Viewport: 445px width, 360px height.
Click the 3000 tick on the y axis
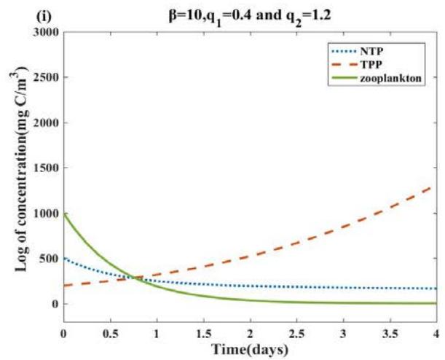click(x=45, y=32)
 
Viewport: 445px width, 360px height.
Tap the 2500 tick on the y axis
click(x=45, y=77)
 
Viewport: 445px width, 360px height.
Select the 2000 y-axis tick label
click(x=45, y=122)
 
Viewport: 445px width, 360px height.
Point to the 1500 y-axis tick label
click(x=45, y=168)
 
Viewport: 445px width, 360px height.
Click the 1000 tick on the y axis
click(x=45, y=213)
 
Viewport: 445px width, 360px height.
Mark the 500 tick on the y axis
click(x=49, y=258)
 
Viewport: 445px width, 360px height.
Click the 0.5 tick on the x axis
click(x=110, y=332)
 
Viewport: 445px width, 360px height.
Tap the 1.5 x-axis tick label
click(x=203, y=332)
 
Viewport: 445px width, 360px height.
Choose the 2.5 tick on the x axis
click(x=296, y=332)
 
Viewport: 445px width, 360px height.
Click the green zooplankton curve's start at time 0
click(x=64, y=214)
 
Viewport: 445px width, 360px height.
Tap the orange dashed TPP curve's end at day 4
click(x=436, y=186)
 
